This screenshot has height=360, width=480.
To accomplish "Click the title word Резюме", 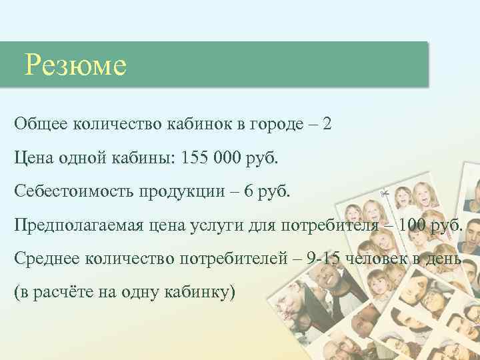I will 75,65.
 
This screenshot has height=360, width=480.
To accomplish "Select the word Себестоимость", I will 73,191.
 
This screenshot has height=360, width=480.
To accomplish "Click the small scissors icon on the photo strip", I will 385,193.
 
